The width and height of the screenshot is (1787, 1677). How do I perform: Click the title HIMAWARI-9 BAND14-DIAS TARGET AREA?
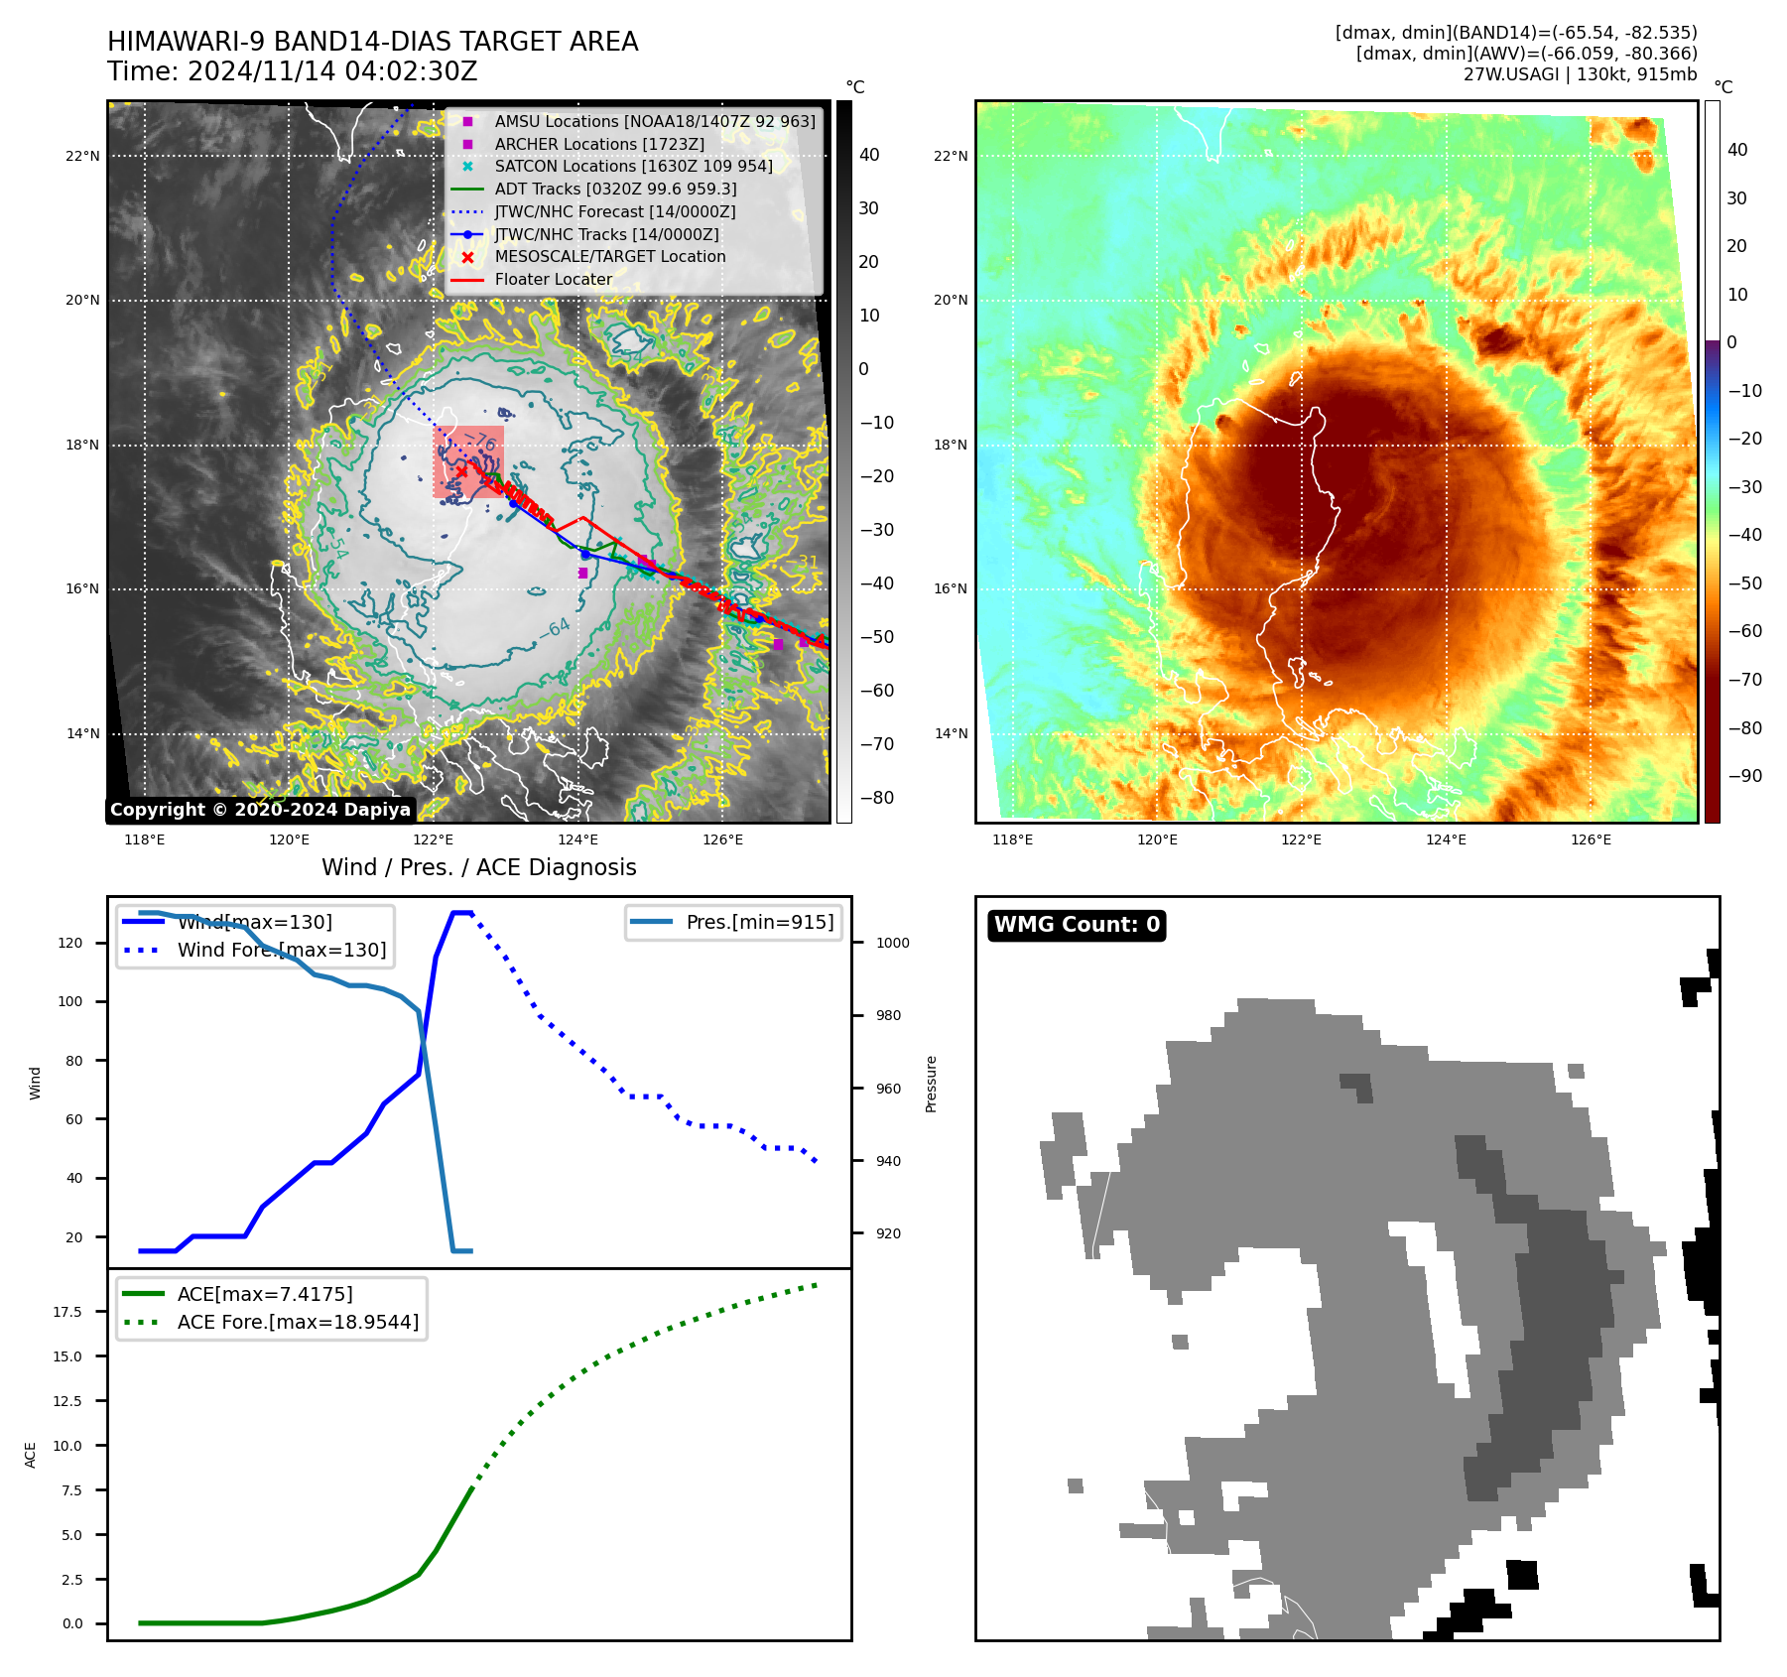click(372, 42)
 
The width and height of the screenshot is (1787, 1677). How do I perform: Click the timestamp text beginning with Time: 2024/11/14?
click(292, 72)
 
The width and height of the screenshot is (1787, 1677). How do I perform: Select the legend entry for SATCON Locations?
click(633, 167)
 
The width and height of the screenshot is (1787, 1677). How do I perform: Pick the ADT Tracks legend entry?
click(615, 190)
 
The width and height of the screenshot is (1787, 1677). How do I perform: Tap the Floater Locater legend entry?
click(553, 280)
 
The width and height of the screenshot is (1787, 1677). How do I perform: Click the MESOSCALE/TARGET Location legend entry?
click(609, 257)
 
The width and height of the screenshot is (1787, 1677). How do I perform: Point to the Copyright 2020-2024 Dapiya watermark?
click(260, 810)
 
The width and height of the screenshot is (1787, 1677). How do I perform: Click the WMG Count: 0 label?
click(1077, 925)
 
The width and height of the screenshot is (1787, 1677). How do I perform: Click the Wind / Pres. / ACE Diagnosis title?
click(478, 867)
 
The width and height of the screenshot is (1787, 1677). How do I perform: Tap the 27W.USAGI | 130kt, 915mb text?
click(1580, 74)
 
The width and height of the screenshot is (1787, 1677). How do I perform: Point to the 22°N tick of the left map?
click(83, 156)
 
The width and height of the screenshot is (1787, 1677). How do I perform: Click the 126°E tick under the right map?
click(1591, 840)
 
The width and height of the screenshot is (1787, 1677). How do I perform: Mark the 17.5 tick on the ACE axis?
click(67, 1312)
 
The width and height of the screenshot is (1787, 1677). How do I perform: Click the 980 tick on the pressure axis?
click(888, 1015)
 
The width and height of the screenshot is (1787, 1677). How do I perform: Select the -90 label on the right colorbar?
click(1744, 776)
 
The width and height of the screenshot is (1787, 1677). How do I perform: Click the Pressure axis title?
click(931, 1084)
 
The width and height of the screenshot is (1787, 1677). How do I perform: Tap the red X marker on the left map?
click(461, 471)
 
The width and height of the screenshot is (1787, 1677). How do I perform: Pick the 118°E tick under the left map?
click(145, 840)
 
